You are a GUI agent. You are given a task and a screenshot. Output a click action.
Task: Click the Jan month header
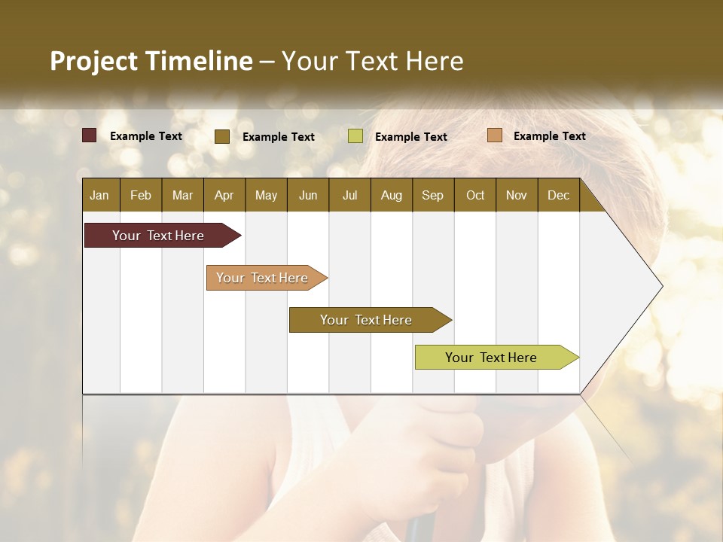click(x=99, y=195)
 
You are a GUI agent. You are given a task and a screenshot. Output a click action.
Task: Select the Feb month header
click(x=141, y=195)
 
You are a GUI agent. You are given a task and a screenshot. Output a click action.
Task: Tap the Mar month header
click(x=182, y=195)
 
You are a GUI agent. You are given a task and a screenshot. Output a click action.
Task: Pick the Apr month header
click(x=224, y=195)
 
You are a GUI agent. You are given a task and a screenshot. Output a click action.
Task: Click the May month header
click(x=266, y=195)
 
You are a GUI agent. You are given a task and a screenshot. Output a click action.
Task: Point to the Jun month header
click(x=308, y=195)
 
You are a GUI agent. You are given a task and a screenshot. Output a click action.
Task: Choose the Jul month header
click(x=349, y=195)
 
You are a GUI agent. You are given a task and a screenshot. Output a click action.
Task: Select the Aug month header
click(x=391, y=195)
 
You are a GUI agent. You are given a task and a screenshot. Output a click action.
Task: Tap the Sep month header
click(x=432, y=195)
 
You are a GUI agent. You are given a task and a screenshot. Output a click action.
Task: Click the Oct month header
click(x=475, y=195)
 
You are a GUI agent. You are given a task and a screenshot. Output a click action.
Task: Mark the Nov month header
click(x=517, y=195)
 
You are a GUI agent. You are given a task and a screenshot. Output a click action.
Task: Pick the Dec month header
click(x=558, y=195)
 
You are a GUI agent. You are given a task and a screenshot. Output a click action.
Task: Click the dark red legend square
click(x=90, y=135)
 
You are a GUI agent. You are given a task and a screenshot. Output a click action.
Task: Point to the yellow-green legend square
click(x=355, y=136)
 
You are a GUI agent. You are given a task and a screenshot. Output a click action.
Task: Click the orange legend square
click(x=494, y=135)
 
